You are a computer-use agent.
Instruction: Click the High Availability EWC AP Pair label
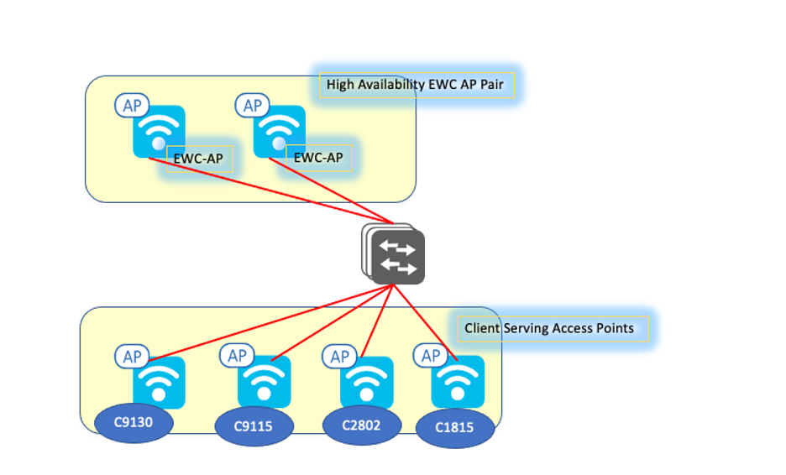(x=417, y=85)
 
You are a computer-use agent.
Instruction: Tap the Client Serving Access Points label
(x=550, y=328)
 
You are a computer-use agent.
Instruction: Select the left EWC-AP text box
(x=199, y=158)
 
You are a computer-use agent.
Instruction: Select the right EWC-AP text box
(x=318, y=158)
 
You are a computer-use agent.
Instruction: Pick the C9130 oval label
(x=134, y=422)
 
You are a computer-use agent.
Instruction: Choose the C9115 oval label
(x=254, y=426)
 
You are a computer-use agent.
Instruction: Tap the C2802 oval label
(x=360, y=425)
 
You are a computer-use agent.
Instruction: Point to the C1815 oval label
(x=454, y=427)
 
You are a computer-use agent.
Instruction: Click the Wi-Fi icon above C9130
(x=159, y=382)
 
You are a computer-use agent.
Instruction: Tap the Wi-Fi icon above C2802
(x=366, y=382)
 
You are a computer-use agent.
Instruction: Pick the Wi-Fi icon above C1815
(x=458, y=382)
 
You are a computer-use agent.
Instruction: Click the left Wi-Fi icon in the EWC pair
(x=159, y=131)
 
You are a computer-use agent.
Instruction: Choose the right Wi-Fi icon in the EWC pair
(x=279, y=131)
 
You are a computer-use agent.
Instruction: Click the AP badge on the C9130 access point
(x=133, y=357)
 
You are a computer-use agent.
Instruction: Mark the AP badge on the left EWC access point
(x=133, y=106)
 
